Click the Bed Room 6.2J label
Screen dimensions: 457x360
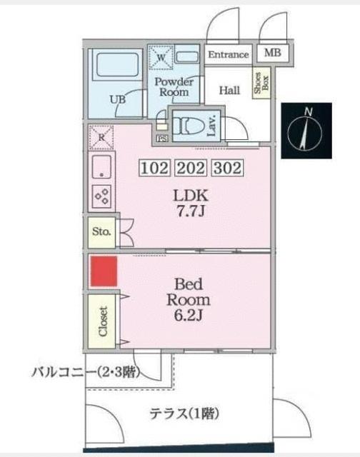click(188, 299)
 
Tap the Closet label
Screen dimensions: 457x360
click(101, 322)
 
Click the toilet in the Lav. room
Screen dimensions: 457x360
click(188, 126)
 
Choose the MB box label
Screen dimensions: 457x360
click(272, 54)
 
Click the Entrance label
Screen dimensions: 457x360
click(229, 55)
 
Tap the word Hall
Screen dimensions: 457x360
click(229, 90)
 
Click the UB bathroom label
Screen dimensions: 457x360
click(118, 99)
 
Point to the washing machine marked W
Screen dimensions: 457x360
click(161, 57)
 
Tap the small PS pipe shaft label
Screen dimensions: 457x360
click(162, 138)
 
